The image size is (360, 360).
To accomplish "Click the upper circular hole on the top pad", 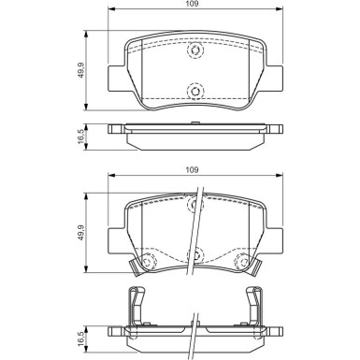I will click(194, 52).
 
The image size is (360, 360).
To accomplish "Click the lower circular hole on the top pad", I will click(194, 91).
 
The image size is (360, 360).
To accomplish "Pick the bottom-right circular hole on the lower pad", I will click(242, 263).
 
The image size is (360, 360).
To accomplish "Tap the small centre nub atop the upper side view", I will click(194, 123).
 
